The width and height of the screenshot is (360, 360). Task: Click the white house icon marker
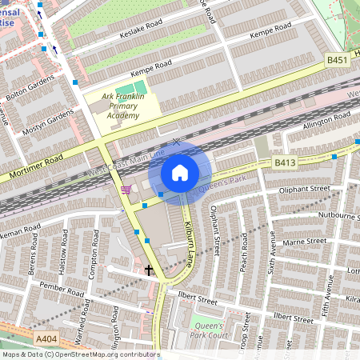180,172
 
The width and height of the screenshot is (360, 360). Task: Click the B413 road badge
285,162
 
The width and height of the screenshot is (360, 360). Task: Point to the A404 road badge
47,340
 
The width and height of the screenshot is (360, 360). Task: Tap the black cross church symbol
149,270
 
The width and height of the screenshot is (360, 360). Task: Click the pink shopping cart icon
126,189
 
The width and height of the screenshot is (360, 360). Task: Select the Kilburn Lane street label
190,236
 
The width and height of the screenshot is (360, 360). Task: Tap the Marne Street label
305,242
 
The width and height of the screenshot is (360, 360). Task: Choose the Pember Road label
56,286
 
